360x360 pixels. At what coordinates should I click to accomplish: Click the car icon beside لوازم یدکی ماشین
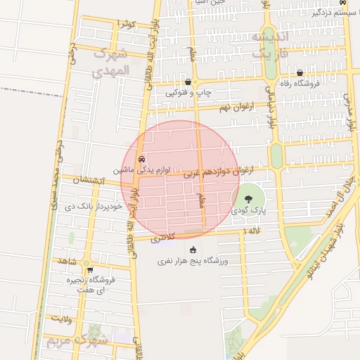pos(142,159)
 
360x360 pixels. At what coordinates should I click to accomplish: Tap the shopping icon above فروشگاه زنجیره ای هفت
pos(89,269)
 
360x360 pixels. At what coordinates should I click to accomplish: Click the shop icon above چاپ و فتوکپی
pos(188,82)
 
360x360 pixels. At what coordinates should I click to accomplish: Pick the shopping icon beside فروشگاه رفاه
pos(300,72)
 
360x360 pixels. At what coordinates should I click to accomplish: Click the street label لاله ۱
pos(250,231)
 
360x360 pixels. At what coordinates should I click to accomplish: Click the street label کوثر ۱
pos(127,25)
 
